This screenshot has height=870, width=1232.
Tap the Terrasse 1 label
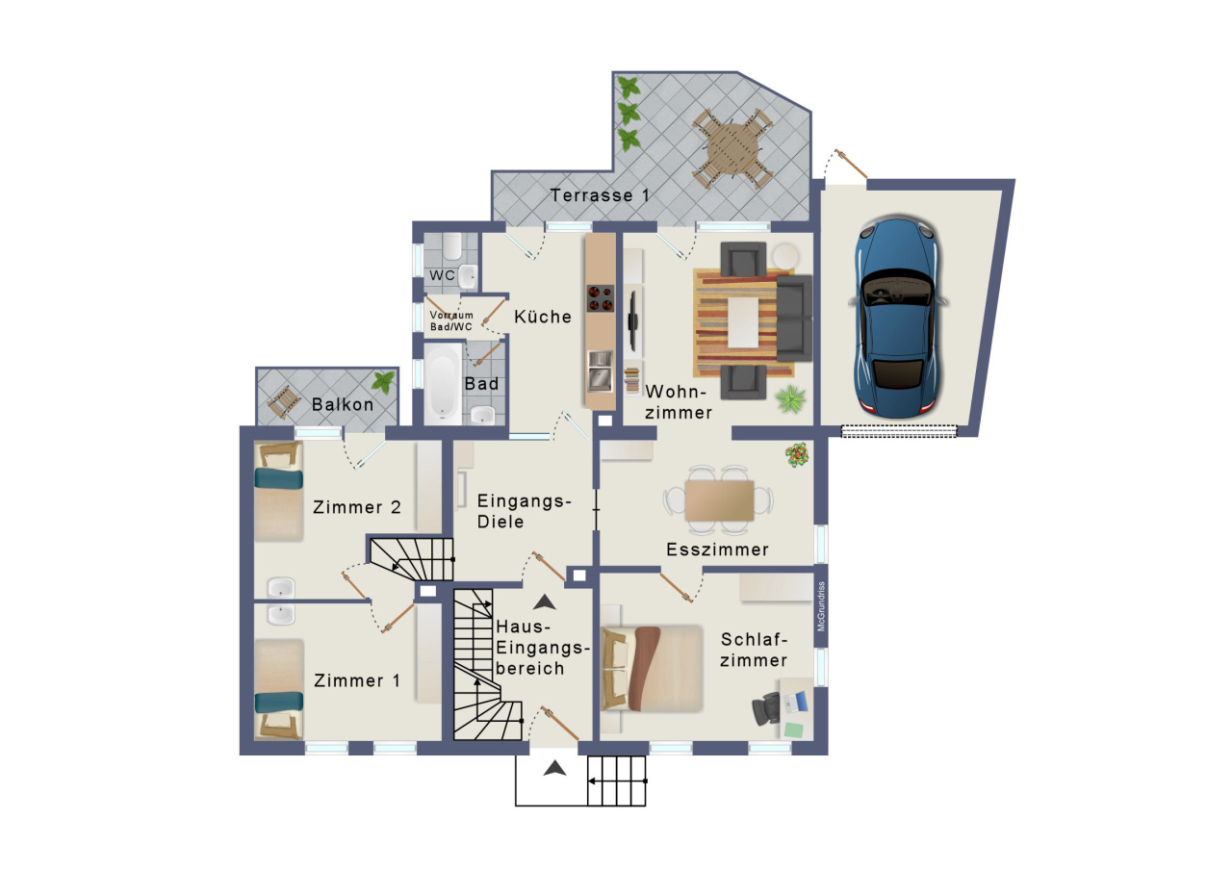click(599, 195)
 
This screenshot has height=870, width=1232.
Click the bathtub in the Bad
click(443, 382)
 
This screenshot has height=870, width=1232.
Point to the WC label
click(442, 276)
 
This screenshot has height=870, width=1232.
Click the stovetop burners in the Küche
click(600, 298)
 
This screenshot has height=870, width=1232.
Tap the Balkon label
click(343, 404)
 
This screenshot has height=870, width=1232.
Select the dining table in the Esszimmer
click(719, 500)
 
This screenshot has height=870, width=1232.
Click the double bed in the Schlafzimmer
click(652, 668)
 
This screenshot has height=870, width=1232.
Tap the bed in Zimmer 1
click(279, 689)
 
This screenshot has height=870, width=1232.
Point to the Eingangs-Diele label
click(525, 511)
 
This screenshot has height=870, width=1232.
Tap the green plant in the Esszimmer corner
click(796, 454)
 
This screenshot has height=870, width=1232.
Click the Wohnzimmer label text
click(679, 402)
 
